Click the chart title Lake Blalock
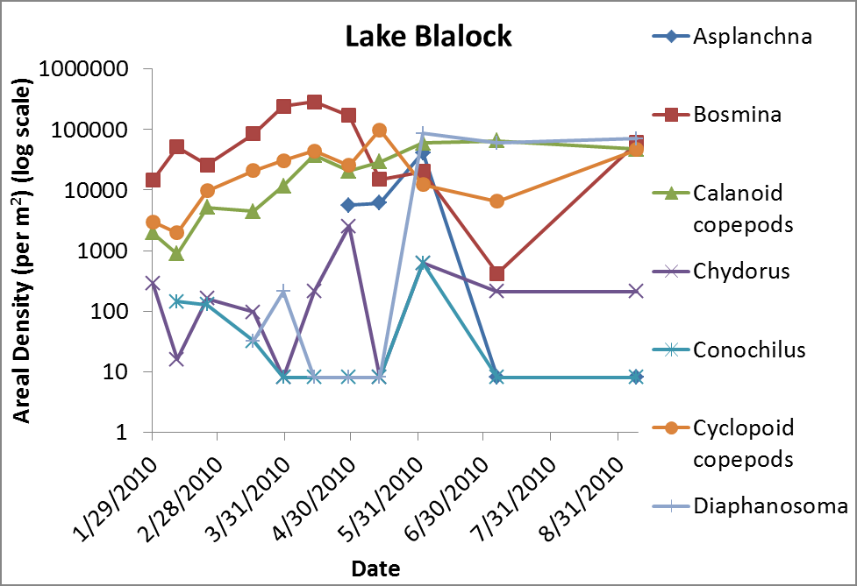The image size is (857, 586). [428, 37]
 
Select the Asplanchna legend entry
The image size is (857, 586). [751, 37]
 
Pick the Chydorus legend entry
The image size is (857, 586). [740, 271]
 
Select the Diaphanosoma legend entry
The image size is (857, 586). [769, 505]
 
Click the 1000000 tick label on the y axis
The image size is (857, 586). [89, 69]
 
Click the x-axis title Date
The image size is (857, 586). [375, 568]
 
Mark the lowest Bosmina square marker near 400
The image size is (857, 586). [497, 274]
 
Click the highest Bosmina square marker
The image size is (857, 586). [314, 102]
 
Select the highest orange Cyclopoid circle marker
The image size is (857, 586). [380, 131]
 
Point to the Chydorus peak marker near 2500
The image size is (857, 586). [349, 227]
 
